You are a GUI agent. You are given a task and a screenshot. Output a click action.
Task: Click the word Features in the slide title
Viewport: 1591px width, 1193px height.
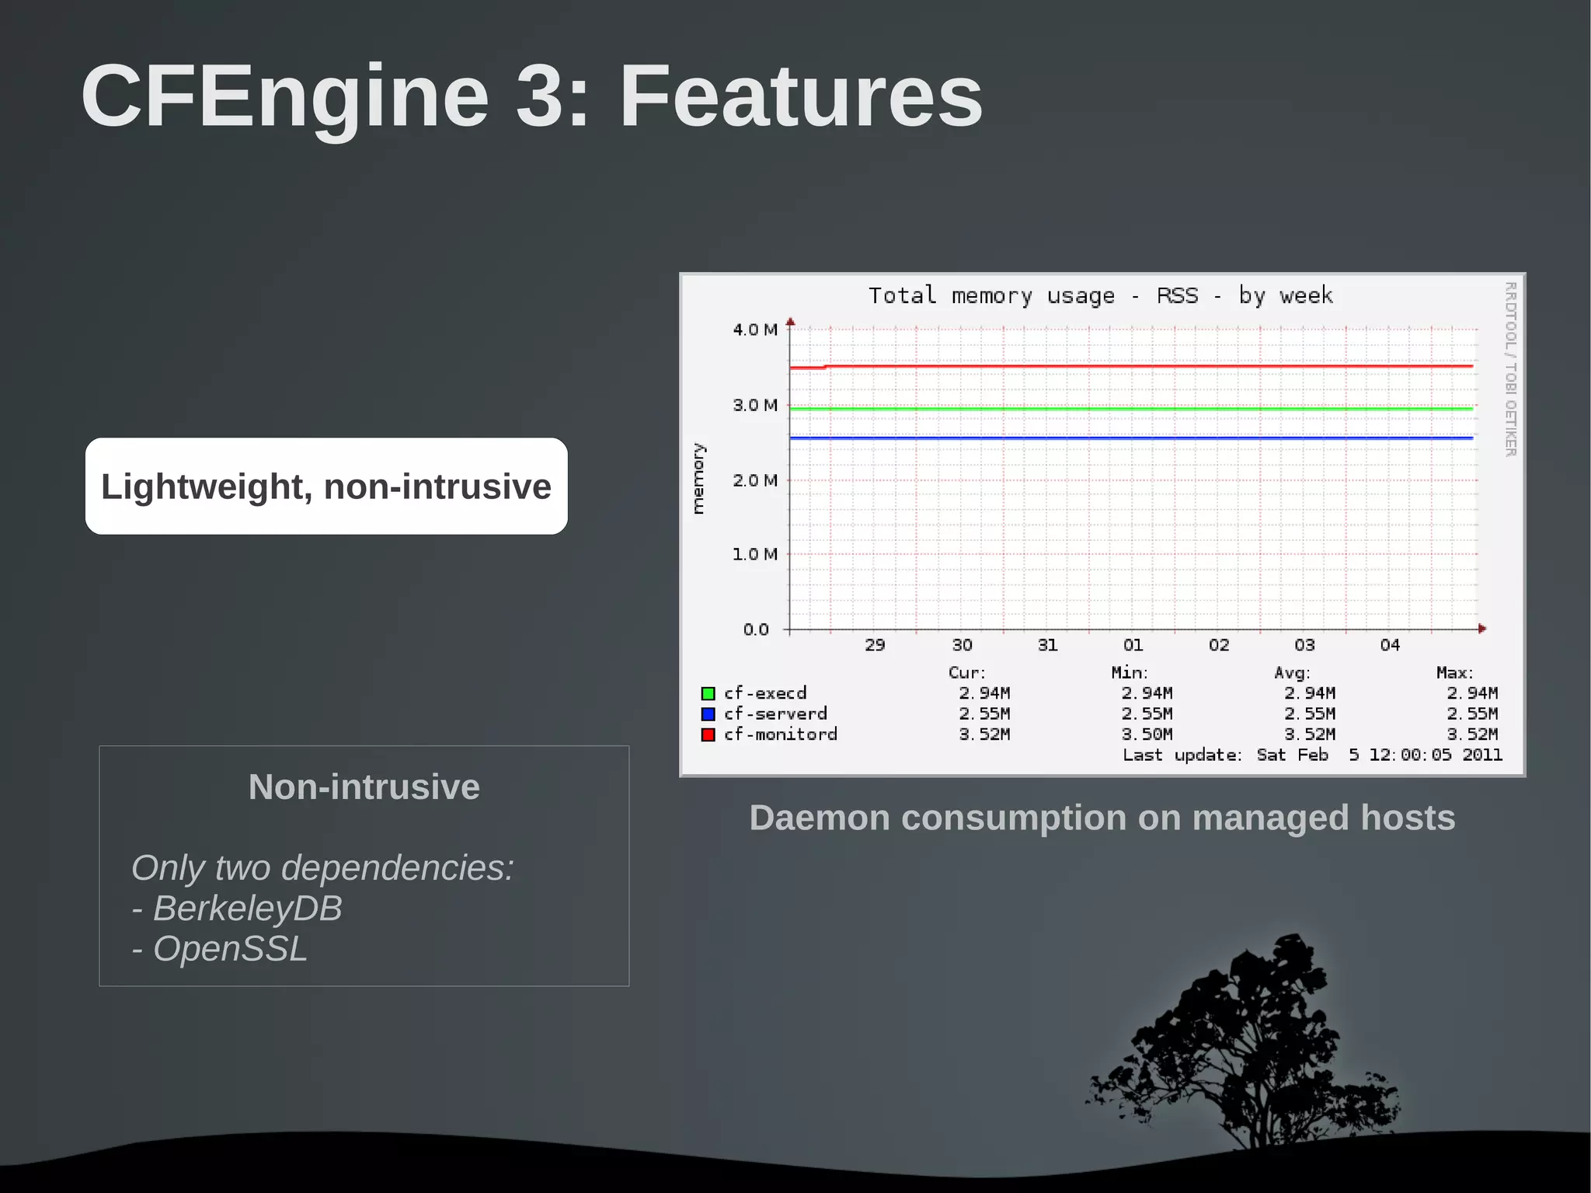click(800, 96)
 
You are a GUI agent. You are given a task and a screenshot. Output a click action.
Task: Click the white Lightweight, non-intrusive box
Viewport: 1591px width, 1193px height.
click(326, 487)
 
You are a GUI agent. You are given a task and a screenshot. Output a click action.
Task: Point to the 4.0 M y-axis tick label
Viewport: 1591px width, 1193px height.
click(754, 330)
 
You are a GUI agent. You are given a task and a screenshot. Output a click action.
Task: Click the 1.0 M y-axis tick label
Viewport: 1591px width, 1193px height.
click(754, 554)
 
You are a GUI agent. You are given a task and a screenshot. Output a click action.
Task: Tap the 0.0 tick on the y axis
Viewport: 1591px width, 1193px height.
click(756, 630)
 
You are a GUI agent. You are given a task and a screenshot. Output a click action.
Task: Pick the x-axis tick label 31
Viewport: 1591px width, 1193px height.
click(1047, 645)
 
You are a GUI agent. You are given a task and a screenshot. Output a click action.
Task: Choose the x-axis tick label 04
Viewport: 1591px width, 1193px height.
click(1390, 645)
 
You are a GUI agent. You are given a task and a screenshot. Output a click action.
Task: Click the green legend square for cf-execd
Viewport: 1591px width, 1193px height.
click(708, 693)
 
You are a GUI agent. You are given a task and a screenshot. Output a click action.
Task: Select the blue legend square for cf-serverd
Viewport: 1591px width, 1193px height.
click(708, 713)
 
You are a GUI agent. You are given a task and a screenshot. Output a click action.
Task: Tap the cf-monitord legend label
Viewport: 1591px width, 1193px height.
click(780, 734)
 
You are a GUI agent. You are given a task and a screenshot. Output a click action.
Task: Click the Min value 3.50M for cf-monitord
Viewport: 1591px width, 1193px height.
click(1147, 734)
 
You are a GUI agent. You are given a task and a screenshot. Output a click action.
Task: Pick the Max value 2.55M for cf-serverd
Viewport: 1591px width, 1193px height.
click(1471, 713)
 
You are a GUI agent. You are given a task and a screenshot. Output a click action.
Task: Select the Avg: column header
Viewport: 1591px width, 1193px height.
click(1292, 673)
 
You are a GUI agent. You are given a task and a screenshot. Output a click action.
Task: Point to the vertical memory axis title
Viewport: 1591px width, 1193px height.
click(698, 479)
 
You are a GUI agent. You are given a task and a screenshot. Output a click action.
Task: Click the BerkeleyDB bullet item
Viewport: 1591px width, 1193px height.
click(246, 909)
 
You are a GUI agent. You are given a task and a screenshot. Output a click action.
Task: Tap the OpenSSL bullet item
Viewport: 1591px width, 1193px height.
click(229, 949)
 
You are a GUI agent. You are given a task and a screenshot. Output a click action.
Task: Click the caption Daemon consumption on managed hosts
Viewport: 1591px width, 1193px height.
click(1102, 818)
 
